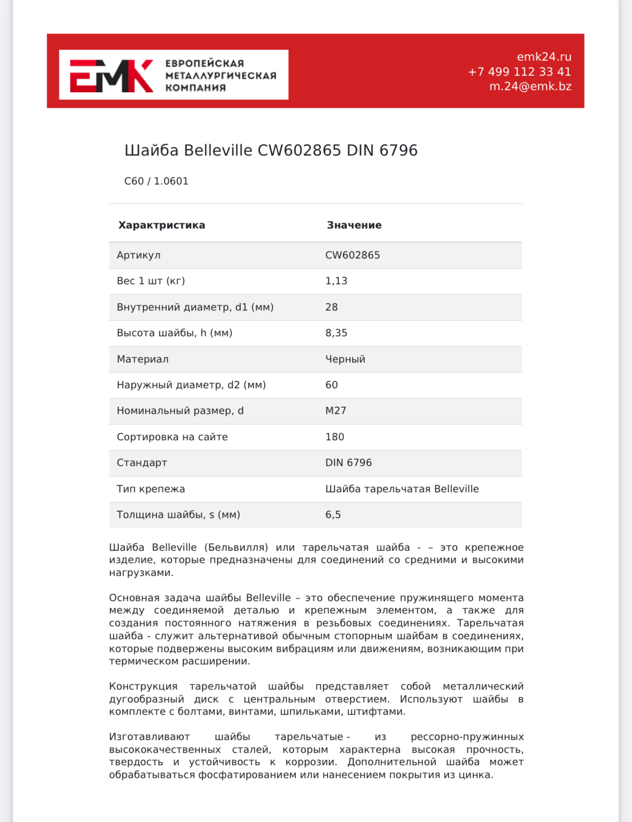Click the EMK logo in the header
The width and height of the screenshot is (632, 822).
(111, 76)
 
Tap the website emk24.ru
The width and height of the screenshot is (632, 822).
(544, 57)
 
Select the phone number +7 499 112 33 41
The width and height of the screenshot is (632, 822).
(519, 72)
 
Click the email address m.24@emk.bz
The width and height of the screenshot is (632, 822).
(530, 86)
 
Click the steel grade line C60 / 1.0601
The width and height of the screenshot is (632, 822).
(156, 181)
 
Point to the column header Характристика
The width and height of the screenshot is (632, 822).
(161, 225)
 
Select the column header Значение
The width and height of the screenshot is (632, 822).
(354, 225)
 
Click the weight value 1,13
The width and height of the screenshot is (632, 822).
(336, 281)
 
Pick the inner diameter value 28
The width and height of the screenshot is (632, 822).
(331, 307)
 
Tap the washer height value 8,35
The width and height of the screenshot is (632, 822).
(336, 333)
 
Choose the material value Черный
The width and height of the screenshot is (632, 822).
(345, 359)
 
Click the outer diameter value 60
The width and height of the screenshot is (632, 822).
(331, 385)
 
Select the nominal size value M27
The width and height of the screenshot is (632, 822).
(336, 411)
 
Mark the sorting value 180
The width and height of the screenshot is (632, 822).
(334, 437)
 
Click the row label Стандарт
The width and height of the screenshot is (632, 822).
(142, 463)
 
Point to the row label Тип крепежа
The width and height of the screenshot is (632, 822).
(151, 489)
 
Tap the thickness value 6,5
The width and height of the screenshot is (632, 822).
(333, 515)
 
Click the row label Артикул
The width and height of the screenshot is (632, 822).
(138, 255)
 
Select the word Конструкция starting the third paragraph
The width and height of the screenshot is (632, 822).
(143, 686)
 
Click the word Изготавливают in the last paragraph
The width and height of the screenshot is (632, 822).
(149, 737)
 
